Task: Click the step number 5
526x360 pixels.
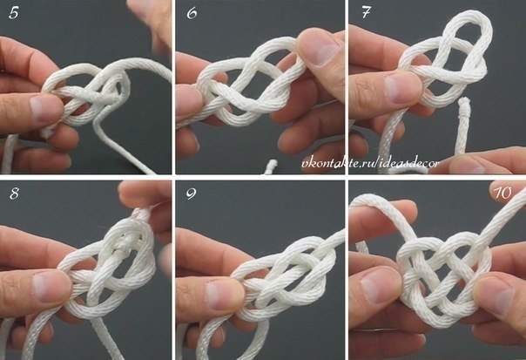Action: click(x=13, y=13)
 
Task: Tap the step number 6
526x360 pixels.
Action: click(x=192, y=13)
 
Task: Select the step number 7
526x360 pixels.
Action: click(x=366, y=13)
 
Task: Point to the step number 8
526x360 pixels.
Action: click(x=14, y=194)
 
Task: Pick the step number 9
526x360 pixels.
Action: click(x=192, y=194)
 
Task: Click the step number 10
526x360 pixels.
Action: click(x=502, y=193)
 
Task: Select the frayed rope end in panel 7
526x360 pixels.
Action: click(x=464, y=103)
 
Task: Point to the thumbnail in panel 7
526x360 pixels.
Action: click(x=402, y=88)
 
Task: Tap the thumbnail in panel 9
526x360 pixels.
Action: click(x=225, y=295)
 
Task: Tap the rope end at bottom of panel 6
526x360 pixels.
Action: click(x=272, y=166)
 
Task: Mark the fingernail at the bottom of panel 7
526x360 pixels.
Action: click(x=464, y=165)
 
